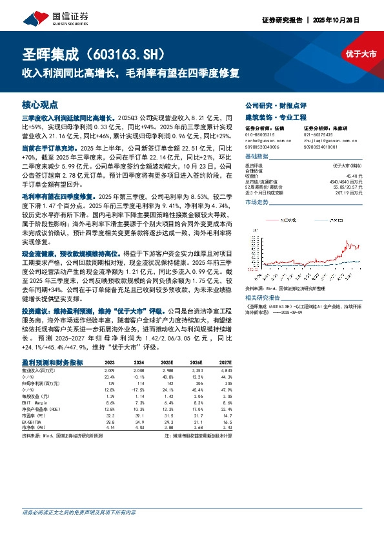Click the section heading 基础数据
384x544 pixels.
coord(239,157)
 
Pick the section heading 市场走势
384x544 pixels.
coord(239,202)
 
